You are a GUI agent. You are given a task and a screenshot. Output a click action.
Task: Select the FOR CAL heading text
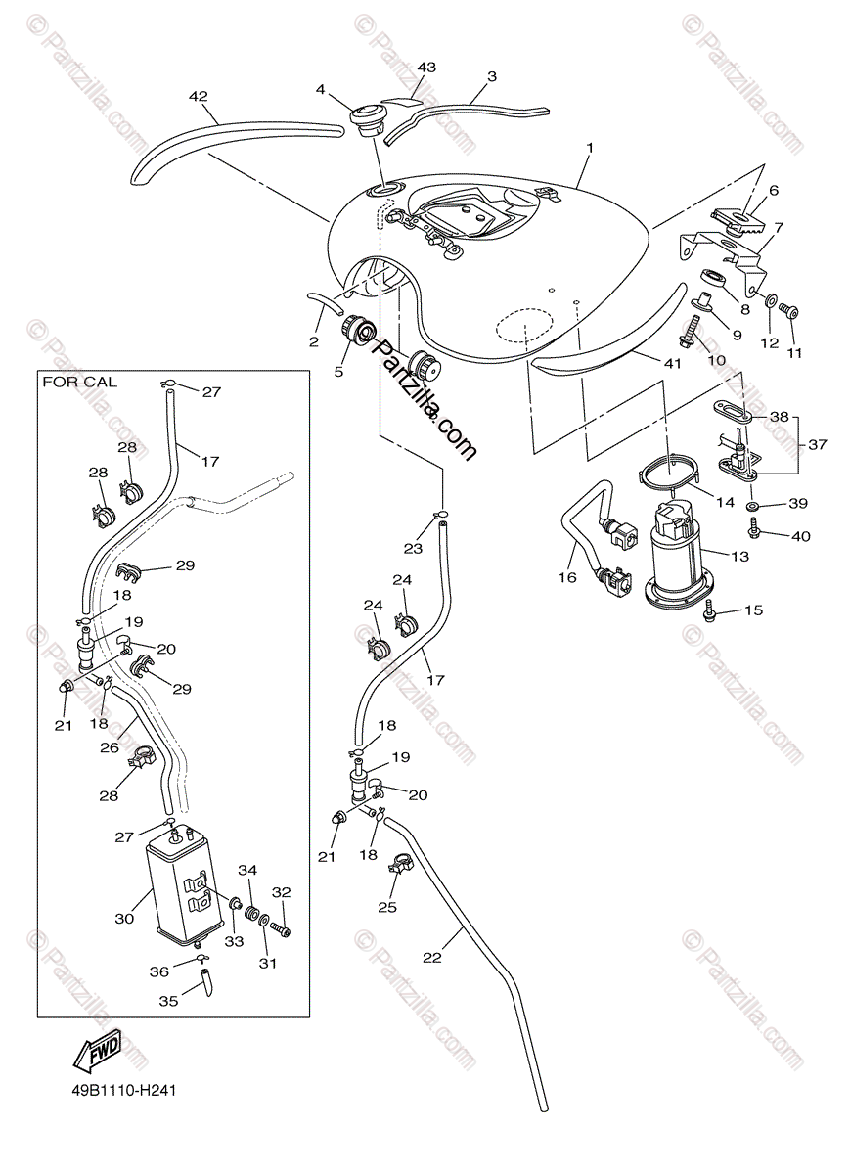[79, 382]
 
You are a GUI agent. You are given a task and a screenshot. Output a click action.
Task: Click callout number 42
[199, 96]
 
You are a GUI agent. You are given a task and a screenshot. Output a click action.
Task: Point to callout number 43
[425, 68]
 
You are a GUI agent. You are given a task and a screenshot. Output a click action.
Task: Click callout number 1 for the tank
[590, 149]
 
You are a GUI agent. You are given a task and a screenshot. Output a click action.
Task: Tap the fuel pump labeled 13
[675, 553]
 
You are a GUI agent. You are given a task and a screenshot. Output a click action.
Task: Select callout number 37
[817, 444]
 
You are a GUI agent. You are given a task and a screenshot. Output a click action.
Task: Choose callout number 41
[670, 363]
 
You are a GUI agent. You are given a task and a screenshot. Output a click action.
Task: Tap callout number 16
[567, 577]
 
